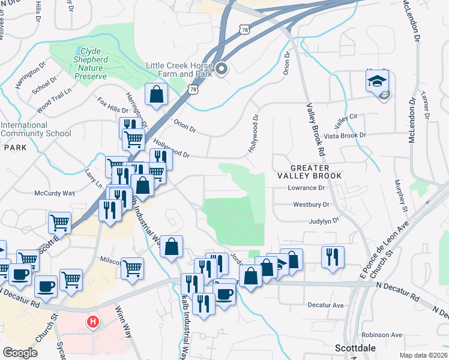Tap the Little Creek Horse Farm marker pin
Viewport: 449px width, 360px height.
(221, 69)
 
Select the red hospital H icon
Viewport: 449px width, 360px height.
(92, 322)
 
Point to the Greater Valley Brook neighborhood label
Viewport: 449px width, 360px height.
(309, 172)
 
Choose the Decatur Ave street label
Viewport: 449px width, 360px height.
(325, 305)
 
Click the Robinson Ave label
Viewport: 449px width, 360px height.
(381, 334)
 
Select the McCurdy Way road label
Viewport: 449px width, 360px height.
(54, 194)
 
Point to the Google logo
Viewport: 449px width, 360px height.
(20, 353)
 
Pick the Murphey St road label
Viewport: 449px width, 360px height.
(400, 195)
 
